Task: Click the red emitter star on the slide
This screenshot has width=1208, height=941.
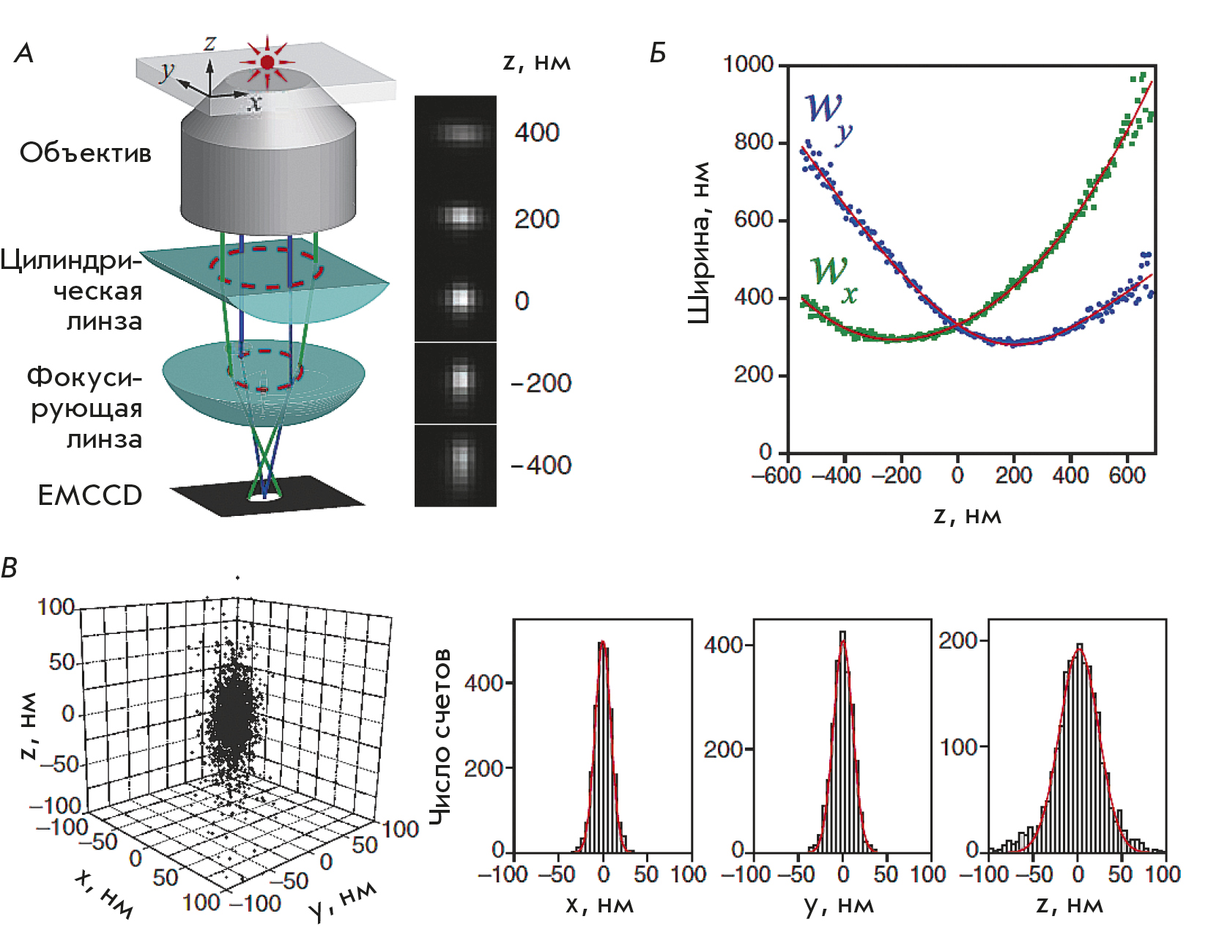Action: tap(267, 62)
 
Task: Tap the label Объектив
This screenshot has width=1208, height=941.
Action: tap(86, 153)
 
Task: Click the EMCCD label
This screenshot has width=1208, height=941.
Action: tap(90, 496)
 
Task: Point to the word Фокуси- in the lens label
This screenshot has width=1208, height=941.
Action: tap(84, 377)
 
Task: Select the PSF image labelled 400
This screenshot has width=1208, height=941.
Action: tap(460, 133)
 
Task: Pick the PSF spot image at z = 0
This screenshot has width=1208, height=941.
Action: tap(460, 299)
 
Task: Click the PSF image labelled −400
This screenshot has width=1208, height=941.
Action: tap(460, 462)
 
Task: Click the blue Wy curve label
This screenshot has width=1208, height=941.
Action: tap(829, 117)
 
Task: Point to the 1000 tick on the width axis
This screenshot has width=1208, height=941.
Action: tap(749, 64)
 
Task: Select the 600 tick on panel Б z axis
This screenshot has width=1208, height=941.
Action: tap(1127, 476)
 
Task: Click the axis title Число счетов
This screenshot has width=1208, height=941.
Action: tap(440, 737)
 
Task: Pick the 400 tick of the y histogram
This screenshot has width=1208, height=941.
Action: tap(724, 645)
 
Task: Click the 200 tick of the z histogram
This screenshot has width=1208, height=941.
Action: tap(958, 641)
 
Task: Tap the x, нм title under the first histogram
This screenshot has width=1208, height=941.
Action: tap(599, 906)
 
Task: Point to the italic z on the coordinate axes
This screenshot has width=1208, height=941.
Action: tap(210, 43)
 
